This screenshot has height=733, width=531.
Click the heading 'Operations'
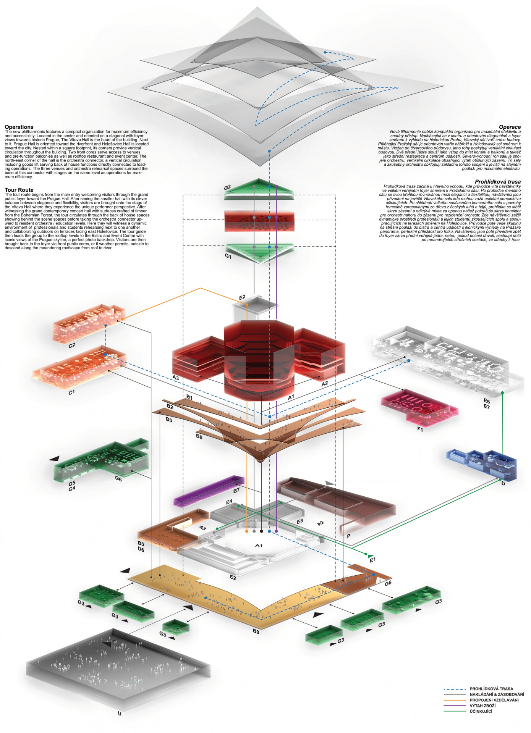(19, 127)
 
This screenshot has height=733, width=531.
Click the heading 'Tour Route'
(19, 190)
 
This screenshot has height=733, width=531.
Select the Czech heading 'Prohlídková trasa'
(497, 182)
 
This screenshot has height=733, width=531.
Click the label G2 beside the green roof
(227, 187)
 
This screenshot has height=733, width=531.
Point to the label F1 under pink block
(420, 429)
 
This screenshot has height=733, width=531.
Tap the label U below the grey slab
(120, 713)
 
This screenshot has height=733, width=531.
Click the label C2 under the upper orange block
(72, 345)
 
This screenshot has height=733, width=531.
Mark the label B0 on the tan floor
(256, 631)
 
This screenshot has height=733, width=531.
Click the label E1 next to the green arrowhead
(372, 560)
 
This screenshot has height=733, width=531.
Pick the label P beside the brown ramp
(348, 536)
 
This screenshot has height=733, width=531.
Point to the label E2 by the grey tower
(242, 297)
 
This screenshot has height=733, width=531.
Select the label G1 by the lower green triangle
(228, 257)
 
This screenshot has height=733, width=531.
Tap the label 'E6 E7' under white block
(486, 404)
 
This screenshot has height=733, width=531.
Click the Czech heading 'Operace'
(510, 127)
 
